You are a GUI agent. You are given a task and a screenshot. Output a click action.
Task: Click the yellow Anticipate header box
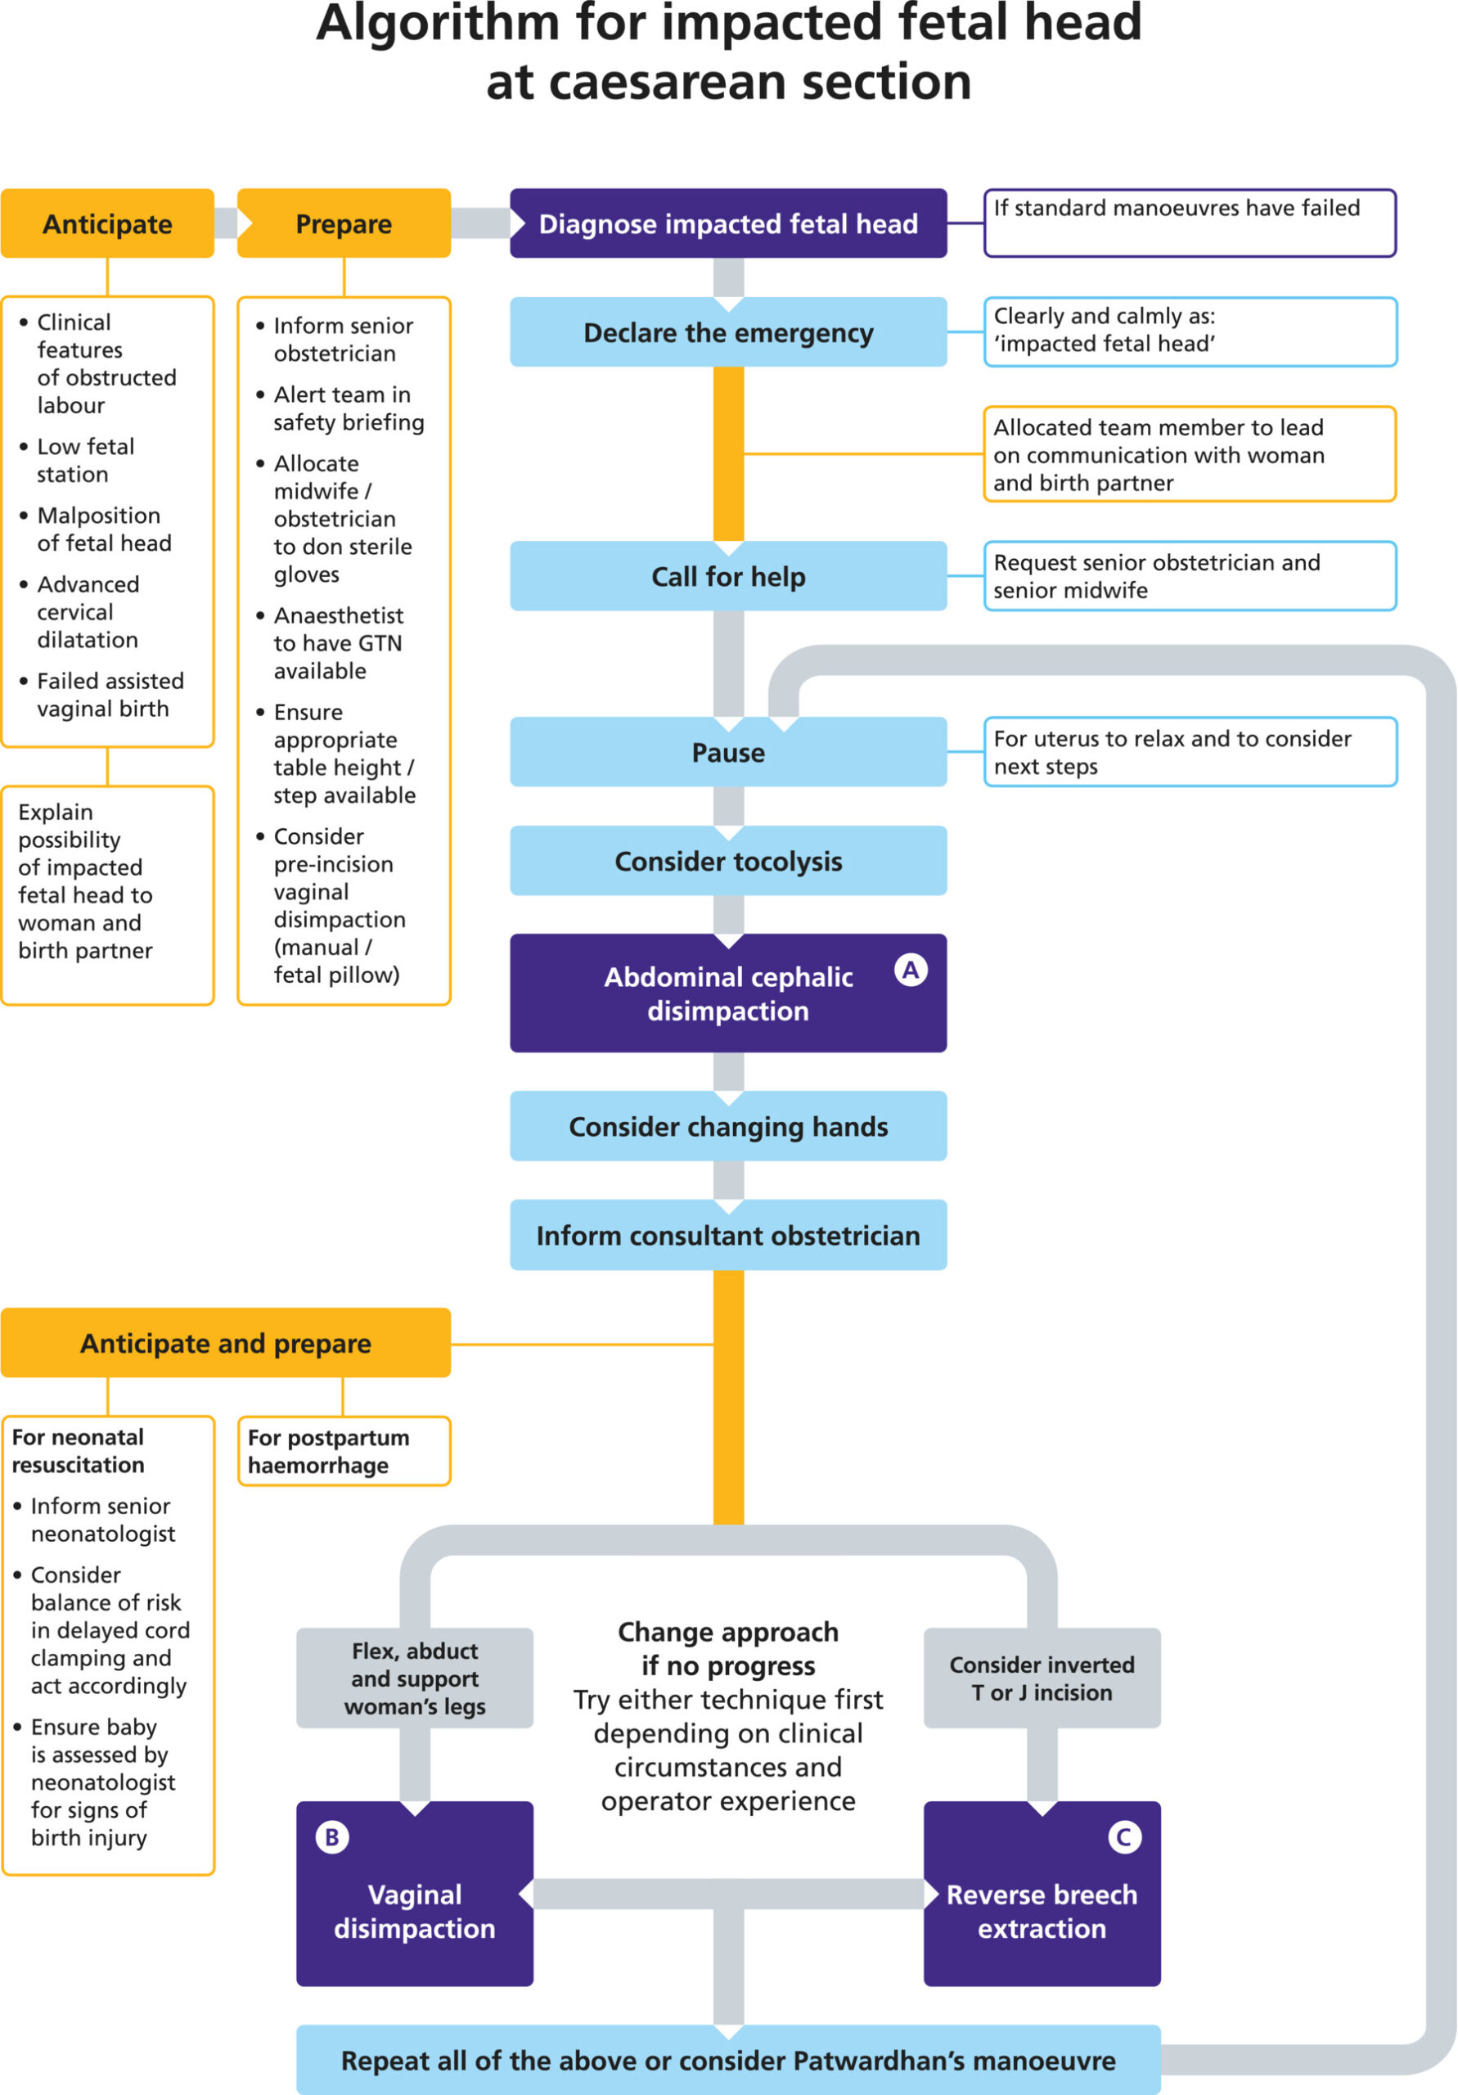pyautogui.click(x=108, y=223)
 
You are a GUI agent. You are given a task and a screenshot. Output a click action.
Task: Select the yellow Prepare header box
pyautogui.click(x=344, y=223)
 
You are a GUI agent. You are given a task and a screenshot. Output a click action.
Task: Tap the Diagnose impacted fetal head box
pyautogui.click(x=728, y=223)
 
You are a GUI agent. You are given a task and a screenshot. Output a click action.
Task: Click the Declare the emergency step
pyautogui.click(x=728, y=332)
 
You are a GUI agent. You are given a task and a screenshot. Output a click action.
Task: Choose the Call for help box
pyautogui.click(x=728, y=576)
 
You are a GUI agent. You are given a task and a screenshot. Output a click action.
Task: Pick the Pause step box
pyautogui.click(x=728, y=752)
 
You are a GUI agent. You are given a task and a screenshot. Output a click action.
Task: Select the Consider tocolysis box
pyautogui.click(x=728, y=860)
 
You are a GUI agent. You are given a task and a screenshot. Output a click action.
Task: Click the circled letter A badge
pyautogui.click(x=911, y=969)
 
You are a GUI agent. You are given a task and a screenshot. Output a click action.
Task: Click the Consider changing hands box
pyautogui.click(x=728, y=1126)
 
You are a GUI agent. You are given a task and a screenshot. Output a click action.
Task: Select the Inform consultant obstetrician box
pyautogui.click(x=728, y=1235)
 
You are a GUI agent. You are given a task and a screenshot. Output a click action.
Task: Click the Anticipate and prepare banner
pyautogui.click(x=225, y=1343)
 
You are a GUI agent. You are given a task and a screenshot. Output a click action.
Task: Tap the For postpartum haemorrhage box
pyautogui.click(x=344, y=1451)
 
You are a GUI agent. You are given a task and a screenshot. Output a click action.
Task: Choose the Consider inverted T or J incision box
pyautogui.click(x=1042, y=1678)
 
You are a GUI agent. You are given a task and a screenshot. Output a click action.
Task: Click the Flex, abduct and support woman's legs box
pyautogui.click(x=415, y=1678)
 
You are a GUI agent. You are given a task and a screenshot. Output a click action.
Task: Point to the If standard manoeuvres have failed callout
pyautogui.click(x=1190, y=223)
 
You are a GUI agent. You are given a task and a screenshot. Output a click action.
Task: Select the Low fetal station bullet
pyautogui.click(x=85, y=460)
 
